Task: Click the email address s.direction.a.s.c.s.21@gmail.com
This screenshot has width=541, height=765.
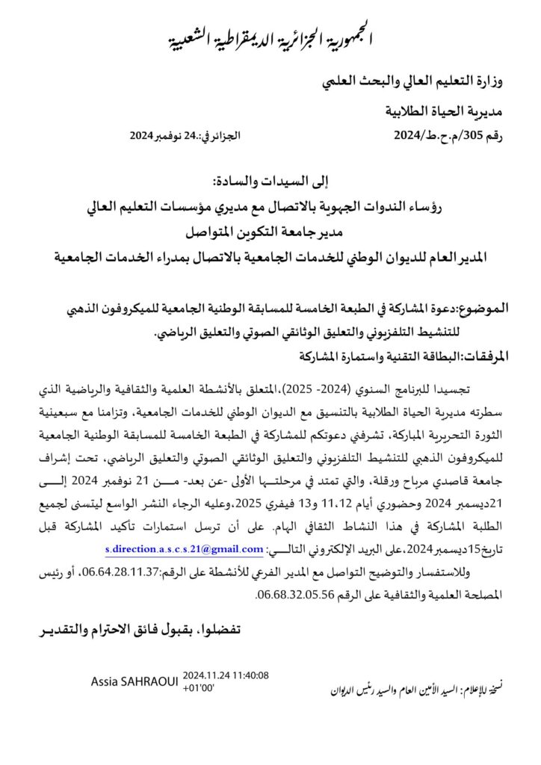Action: tap(184, 551)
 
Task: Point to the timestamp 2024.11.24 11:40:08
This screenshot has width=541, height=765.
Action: tap(225, 675)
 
